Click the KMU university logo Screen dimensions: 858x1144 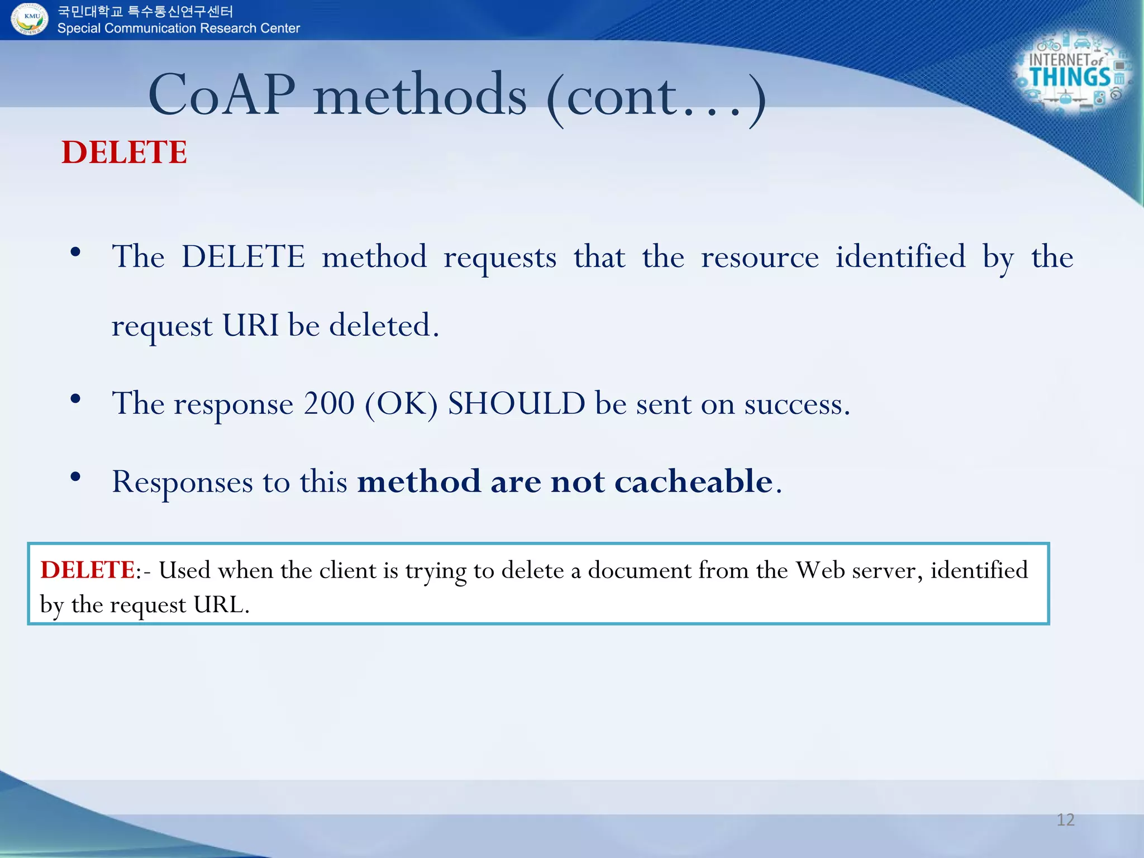pos(30,18)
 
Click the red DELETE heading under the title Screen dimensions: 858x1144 pos(124,152)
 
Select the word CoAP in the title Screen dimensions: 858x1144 pos(222,95)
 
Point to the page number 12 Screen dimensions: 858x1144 pos(1065,819)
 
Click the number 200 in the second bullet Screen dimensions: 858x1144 pos(328,403)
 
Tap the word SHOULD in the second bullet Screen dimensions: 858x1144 pos(516,403)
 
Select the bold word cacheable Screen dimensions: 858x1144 pos(693,481)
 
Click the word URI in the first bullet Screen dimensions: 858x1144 pos(250,325)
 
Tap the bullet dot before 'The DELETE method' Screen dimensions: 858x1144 pos(75,252)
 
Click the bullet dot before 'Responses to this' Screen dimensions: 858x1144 pos(75,476)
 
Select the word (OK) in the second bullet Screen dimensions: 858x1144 pos(401,404)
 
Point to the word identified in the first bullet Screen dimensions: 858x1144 pos(900,257)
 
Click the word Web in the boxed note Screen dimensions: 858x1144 pos(819,570)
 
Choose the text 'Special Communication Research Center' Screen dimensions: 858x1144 pos(178,28)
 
